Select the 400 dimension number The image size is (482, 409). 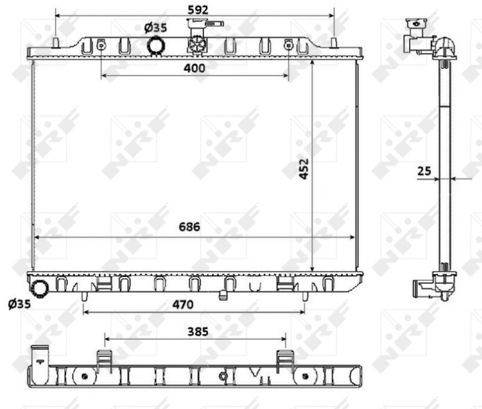[x=195, y=67]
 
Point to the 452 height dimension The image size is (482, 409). [x=304, y=169]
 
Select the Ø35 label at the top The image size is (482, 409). [x=156, y=28]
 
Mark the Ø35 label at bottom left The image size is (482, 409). [x=19, y=304]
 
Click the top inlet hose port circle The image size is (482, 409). [x=156, y=45]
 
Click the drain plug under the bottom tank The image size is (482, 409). [x=223, y=297]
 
